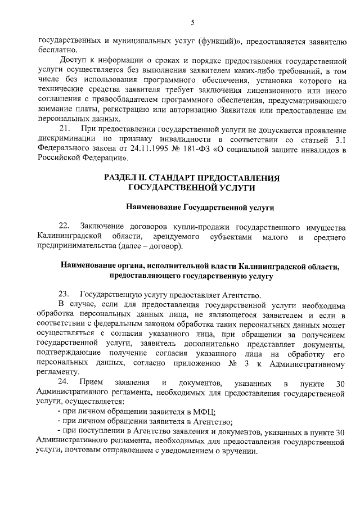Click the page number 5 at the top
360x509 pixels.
192,22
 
